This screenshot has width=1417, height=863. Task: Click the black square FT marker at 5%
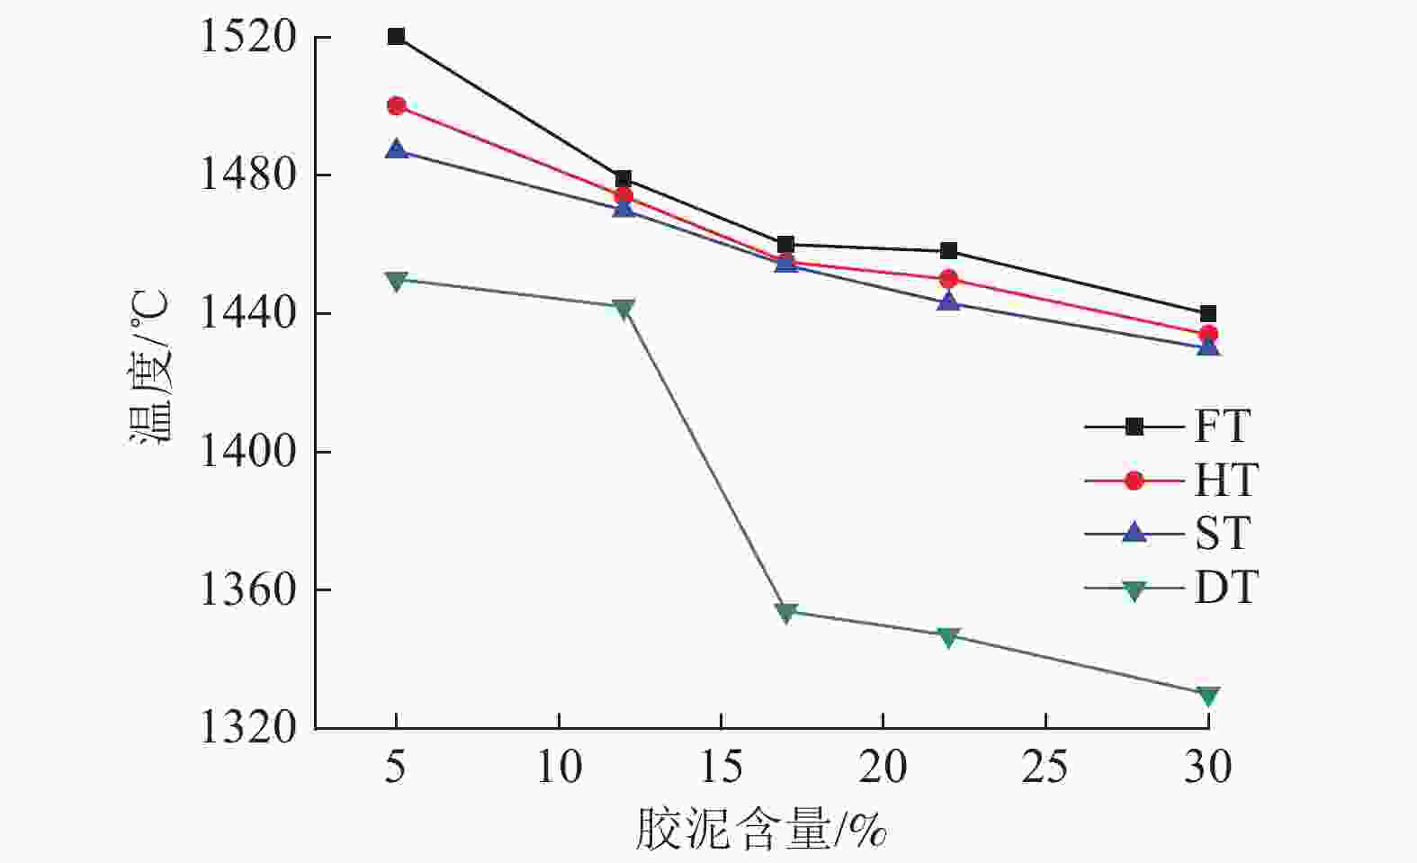pyautogui.click(x=396, y=37)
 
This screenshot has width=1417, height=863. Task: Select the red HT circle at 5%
pyautogui.click(x=396, y=106)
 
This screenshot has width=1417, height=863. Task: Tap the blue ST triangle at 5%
pyautogui.click(x=396, y=149)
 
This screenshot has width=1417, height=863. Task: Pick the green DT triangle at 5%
pyautogui.click(x=396, y=281)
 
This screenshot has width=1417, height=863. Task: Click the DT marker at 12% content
pyautogui.click(x=623, y=309)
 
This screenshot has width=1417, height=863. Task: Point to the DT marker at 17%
pyautogui.click(x=785, y=613)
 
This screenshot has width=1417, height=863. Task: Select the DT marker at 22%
pyautogui.click(x=948, y=637)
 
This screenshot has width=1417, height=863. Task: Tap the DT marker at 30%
pyautogui.click(x=1208, y=697)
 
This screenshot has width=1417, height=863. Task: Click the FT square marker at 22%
pyautogui.click(x=948, y=251)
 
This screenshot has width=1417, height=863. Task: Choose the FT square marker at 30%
pyautogui.click(x=1208, y=313)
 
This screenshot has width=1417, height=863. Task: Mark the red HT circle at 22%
pyautogui.click(x=948, y=279)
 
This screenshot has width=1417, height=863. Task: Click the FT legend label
pyautogui.click(x=1222, y=427)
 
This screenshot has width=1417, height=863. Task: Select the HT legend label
pyautogui.click(x=1225, y=481)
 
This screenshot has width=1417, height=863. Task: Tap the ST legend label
pyautogui.click(x=1222, y=535)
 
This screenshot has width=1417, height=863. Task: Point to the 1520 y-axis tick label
pyautogui.click(x=235, y=38)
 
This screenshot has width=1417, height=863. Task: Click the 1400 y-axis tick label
pyautogui.click(x=235, y=452)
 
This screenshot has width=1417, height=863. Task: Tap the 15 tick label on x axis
pyautogui.click(x=721, y=768)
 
